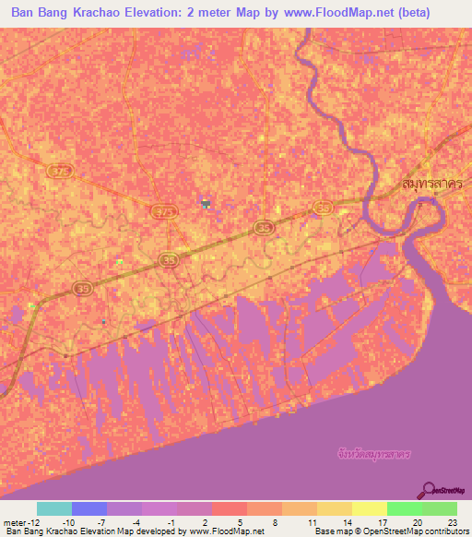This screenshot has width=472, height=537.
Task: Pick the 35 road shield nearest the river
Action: pyautogui.click(x=323, y=209)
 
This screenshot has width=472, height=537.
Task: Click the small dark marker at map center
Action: pyautogui.click(x=205, y=202)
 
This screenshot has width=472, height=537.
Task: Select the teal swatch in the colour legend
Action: pyautogui.click(x=53, y=508)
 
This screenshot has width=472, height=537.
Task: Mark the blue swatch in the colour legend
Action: pyautogui.click(x=88, y=508)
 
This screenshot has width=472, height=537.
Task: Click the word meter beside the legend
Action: pyautogui.click(x=15, y=521)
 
